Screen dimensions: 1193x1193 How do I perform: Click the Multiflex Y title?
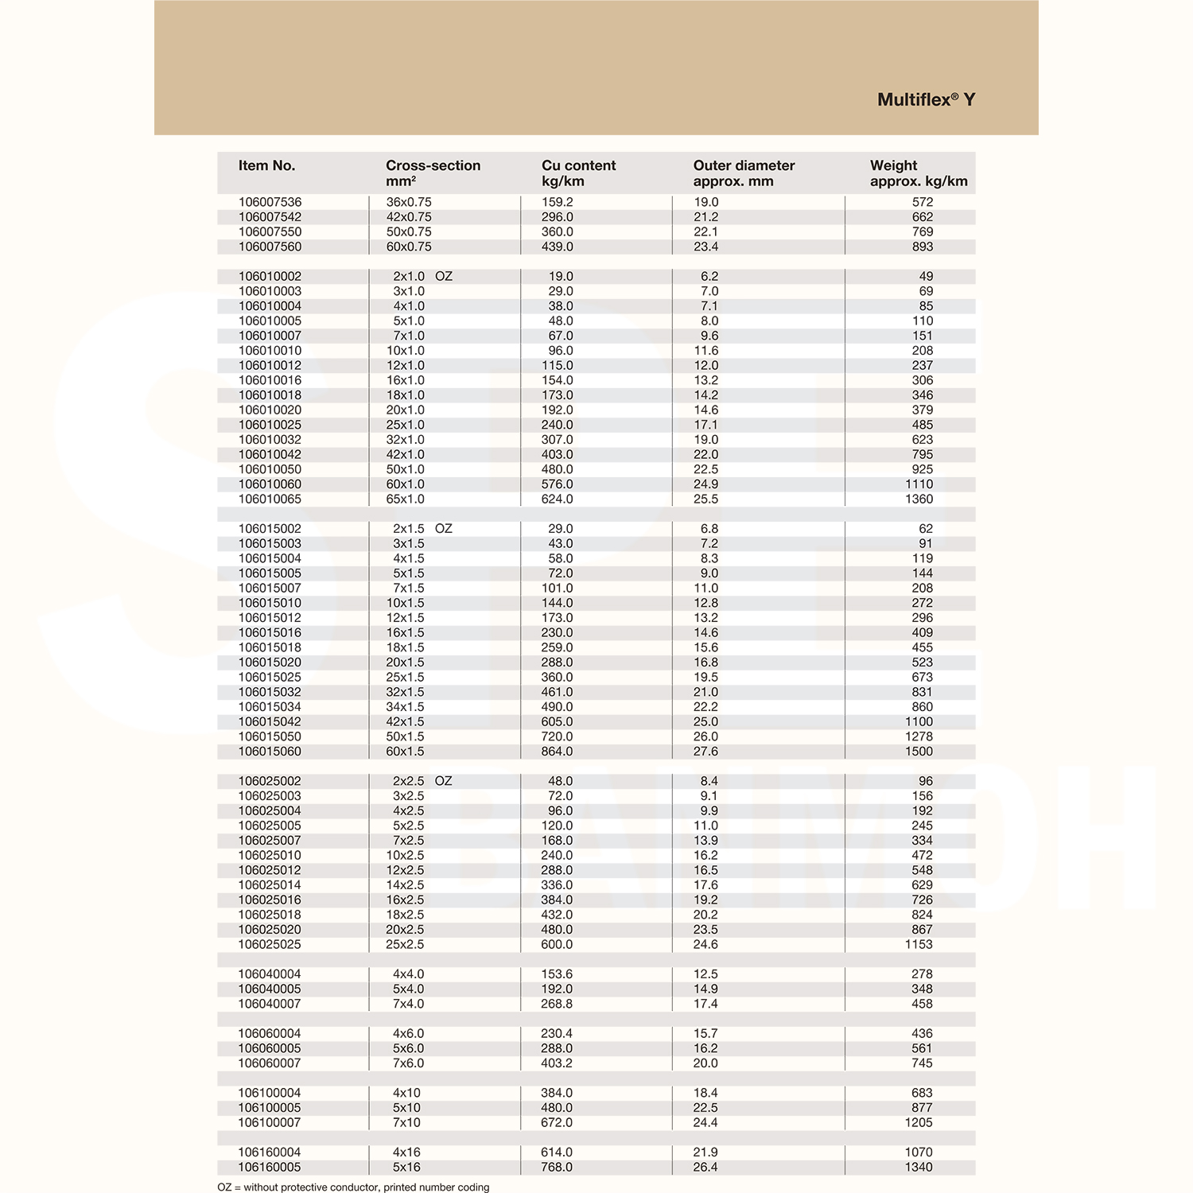click(x=926, y=100)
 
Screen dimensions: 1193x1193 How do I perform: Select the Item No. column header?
click(x=266, y=165)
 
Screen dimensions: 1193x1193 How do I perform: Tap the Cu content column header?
click(x=578, y=173)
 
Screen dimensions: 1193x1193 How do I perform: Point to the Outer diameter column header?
click(x=744, y=173)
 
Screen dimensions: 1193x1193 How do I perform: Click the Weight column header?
click(x=918, y=173)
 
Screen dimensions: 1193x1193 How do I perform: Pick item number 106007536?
click(x=270, y=202)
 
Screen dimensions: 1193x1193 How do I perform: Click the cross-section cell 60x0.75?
click(x=409, y=247)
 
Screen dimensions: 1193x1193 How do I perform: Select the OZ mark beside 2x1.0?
click(x=444, y=276)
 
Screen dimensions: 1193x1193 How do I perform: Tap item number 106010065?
click(x=270, y=499)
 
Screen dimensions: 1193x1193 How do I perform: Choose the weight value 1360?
click(x=919, y=499)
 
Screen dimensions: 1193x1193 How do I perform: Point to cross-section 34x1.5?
click(x=406, y=706)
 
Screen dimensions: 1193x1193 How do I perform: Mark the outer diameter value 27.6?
click(x=705, y=751)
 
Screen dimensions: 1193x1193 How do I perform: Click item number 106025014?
click(x=270, y=884)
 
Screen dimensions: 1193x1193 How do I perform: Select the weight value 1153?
click(x=919, y=944)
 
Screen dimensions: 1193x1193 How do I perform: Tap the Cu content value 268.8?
click(x=557, y=1004)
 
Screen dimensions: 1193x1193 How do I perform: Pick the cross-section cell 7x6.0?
click(x=408, y=1063)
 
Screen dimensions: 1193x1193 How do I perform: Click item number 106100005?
click(x=270, y=1107)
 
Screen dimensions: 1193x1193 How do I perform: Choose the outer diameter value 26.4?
click(x=705, y=1167)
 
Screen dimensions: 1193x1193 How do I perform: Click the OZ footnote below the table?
click(x=353, y=1187)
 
